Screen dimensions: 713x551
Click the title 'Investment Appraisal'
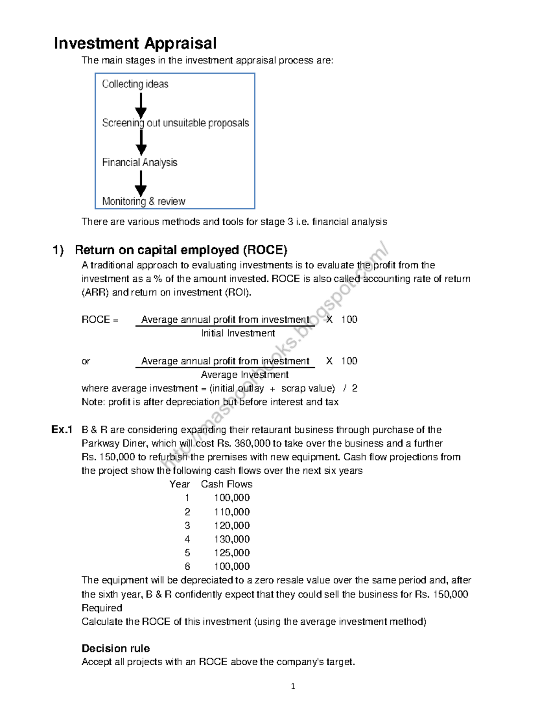[x=135, y=43]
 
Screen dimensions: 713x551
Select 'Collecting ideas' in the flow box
[x=135, y=84]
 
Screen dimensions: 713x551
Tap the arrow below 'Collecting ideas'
[x=141, y=105]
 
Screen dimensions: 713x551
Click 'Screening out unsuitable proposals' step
[x=175, y=123]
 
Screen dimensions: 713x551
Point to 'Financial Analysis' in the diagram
[x=140, y=163]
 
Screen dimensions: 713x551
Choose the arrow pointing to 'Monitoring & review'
[x=141, y=184]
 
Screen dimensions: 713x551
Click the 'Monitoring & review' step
[x=144, y=201]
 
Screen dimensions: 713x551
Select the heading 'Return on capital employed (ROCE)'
[x=181, y=250]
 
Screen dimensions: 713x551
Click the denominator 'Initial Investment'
[x=238, y=333]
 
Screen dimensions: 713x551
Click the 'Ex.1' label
[x=62, y=430]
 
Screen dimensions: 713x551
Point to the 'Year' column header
[x=180, y=484]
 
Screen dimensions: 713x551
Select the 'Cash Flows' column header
[x=226, y=484]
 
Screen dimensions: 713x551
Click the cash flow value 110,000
[x=232, y=511]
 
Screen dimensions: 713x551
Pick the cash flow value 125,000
[x=232, y=553]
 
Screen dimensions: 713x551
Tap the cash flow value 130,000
[x=232, y=539]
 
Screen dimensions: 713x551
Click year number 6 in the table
[x=187, y=567]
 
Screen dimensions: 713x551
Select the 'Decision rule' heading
[x=116, y=648]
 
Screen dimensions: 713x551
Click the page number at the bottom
[x=293, y=687]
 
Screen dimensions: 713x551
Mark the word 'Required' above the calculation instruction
[x=102, y=608]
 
